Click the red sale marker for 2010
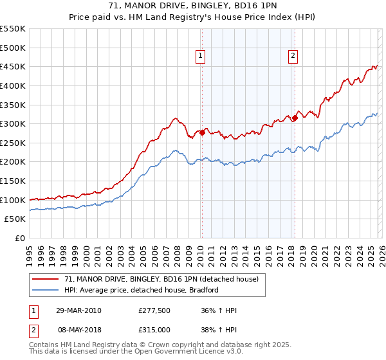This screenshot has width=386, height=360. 202,132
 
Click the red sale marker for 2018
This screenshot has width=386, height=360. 295,118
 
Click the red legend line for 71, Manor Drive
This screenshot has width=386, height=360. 46,280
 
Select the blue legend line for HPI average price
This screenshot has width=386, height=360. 46,290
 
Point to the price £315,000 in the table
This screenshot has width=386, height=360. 154,329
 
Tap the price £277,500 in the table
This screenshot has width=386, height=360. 154,310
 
